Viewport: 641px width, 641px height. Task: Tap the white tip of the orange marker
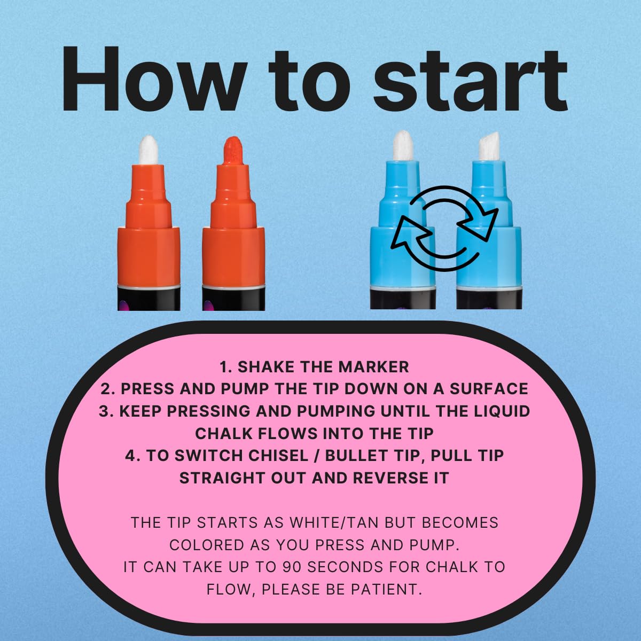[x=148, y=150]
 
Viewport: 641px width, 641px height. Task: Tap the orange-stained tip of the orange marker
[x=233, y=150]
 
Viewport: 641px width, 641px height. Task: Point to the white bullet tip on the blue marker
[x=403, y=145]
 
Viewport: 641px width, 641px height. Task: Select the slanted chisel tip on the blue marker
[x=489, y=147]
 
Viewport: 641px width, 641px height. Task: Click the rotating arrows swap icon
[x=444, y=228]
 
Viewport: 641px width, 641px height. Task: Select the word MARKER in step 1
[x=373, y=367]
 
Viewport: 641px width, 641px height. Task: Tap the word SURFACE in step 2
[x=489, y=389]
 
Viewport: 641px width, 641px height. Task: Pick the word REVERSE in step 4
[x=390, y=478]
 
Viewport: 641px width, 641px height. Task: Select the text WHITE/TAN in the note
[x=334, y=522]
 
